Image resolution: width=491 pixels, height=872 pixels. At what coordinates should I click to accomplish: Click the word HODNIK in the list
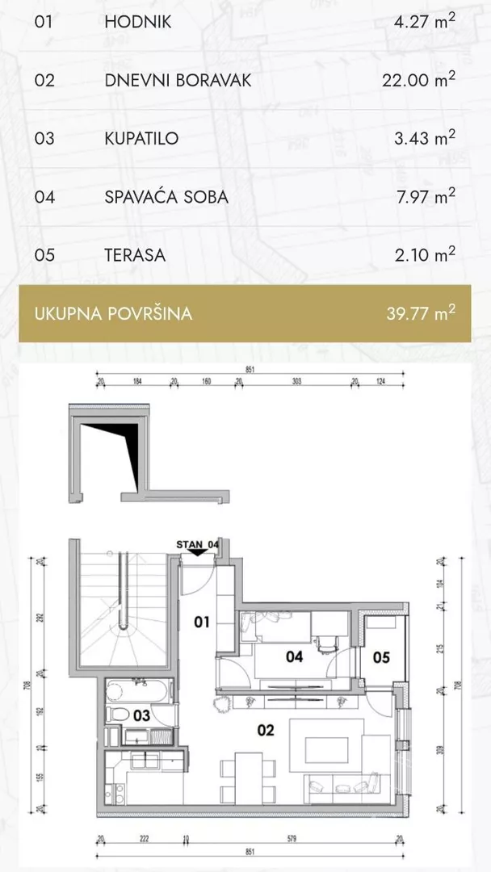click(137, 22)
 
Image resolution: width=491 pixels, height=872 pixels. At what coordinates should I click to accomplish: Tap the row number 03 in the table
click(44, 138)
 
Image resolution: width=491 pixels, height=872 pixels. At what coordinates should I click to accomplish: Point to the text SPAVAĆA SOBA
click(166, 196)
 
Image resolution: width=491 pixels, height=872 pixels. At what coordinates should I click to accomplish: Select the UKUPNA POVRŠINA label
click(113, 313)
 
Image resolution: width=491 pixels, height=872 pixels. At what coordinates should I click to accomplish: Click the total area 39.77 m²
click(421, 313)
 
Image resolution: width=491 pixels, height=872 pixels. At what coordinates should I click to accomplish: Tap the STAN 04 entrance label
click(197, 544)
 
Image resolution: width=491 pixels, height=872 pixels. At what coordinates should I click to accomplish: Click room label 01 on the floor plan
click(202, 622)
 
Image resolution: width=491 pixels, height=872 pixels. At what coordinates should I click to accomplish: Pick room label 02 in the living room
click(266, 731)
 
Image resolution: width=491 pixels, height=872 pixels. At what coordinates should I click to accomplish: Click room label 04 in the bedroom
click(295, 657)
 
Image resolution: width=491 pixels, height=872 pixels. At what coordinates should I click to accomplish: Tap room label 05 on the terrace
click(381, 657)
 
